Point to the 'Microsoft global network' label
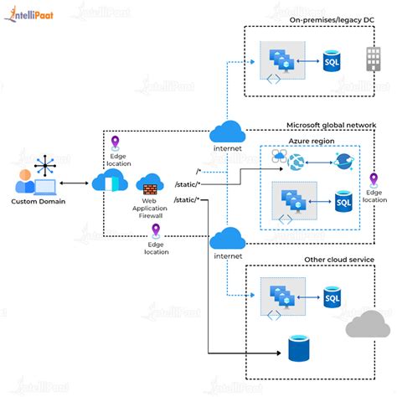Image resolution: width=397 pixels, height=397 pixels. (331, 126)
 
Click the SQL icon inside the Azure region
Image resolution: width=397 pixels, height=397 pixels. (342, 202)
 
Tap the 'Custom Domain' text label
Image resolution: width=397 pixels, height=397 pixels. (37, 201)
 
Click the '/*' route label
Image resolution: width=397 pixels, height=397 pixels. (198, 170)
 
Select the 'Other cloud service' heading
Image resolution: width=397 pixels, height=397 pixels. (338, 260)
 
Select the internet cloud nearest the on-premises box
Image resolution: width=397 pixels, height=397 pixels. (226, 131)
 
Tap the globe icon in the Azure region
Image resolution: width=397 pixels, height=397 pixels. (295, 162)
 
